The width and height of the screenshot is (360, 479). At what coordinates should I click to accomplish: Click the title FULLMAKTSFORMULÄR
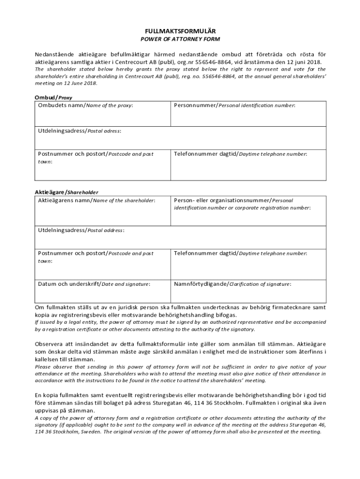[x=180, y=30]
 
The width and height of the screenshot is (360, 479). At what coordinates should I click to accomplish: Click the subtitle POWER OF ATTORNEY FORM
[x=180, y=39]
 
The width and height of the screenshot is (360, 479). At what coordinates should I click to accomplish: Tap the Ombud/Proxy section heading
[x=54, y=97]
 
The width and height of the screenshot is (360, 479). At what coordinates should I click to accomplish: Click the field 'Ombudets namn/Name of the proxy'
[x=103, y=115]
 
